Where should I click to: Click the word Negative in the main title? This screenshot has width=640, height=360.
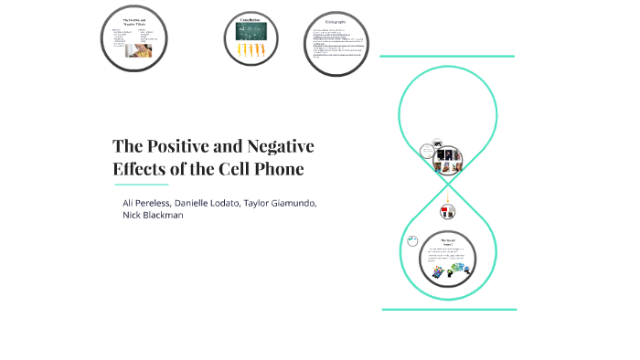(278, 146)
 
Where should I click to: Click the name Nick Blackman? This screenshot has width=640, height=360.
(154, 216)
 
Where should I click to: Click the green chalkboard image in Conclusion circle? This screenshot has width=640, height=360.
(251, 33)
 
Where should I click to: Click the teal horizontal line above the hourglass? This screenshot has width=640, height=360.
(447, 57)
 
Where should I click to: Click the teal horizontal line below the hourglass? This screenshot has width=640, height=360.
(449, 310)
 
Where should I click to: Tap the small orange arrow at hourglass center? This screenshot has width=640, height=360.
(448, 196)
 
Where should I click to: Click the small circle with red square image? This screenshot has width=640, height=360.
(448, 211)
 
